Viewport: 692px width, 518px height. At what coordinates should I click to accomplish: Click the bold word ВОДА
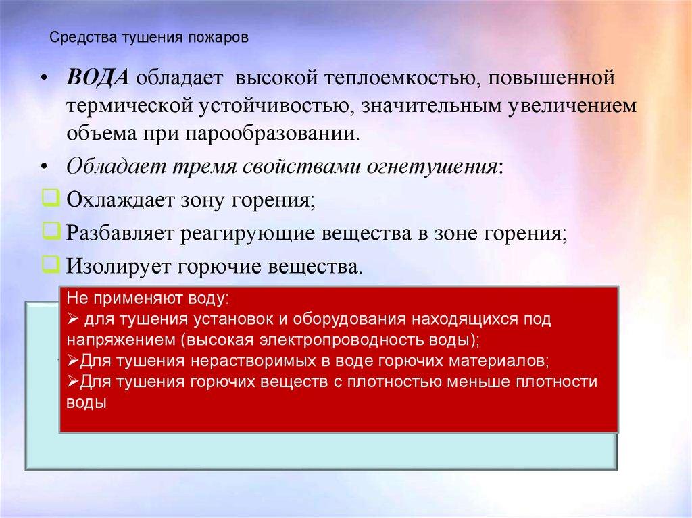click(98, 76)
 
